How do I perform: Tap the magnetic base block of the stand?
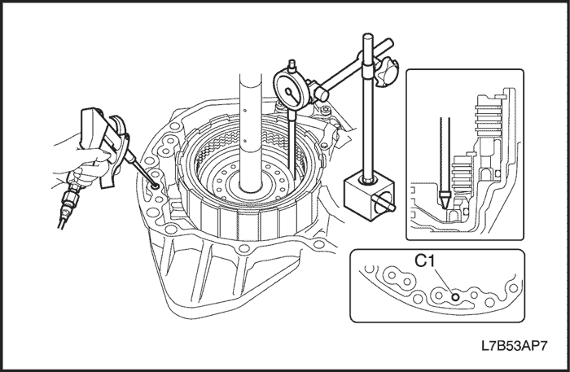pos(363,193)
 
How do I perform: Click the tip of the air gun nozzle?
pos(153,186)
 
